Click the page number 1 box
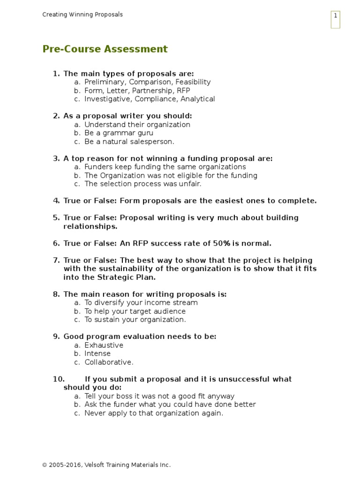point(335,19)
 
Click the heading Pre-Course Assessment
point(105,49)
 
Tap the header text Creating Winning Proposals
point(82,15)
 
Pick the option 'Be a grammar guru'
point(119,133)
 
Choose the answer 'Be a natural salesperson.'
point(129,142)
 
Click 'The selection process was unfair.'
point(142,184)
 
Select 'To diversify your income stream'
point(141,303)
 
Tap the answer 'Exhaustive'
point(104,345)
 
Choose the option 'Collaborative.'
point(109,362)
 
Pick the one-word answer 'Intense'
point(97,353)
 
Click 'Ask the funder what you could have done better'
point(170,405)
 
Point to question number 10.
point(59,379)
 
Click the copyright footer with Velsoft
point(106,465)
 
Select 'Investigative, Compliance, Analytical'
point(150,99)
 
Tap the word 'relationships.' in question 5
point(90,226)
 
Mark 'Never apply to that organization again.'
point(154,413)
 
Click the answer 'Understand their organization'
point(137,125)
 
